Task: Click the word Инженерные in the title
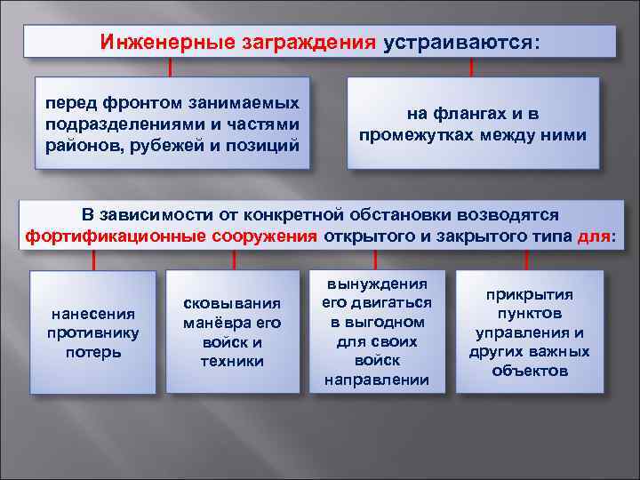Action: tap(167, 44)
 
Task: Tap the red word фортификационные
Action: tap(115, 236)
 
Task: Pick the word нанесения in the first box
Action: tap(92, 313)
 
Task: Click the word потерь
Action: tap(92, 352)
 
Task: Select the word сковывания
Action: tap(232, 303)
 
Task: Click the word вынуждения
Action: tap(377, 284)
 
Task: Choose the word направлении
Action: tap(377, 380)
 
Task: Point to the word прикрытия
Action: tap(529, 294)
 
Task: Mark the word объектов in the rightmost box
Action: tap(529, 371)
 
